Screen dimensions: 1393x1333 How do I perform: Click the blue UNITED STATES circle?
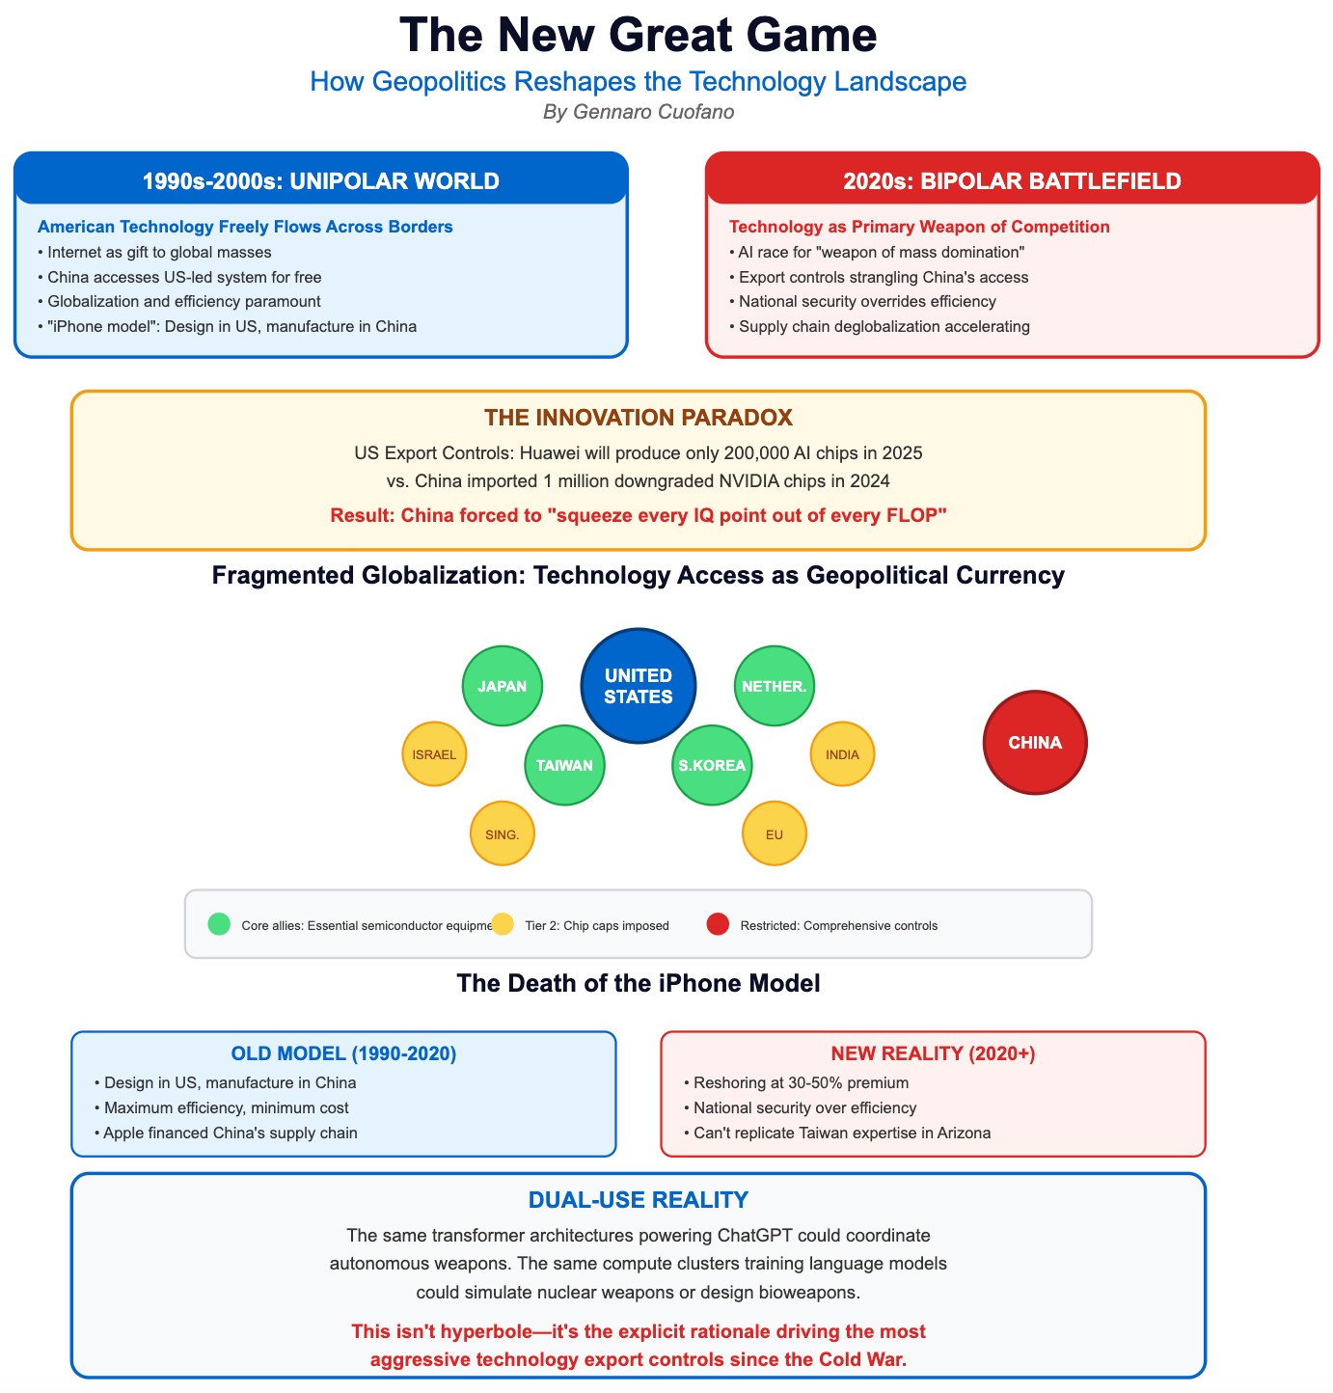[638, 686]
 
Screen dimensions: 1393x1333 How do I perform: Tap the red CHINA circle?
[1035, 743]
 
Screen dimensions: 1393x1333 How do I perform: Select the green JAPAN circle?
[503, 686]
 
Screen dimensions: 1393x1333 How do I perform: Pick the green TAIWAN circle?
[564, 765]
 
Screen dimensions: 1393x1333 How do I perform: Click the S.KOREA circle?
[712, 765]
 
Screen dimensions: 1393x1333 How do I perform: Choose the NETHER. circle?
[775, 686]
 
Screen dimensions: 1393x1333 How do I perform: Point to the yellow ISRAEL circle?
[434, 753]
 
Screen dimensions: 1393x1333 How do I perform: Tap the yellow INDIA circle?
[842, 753]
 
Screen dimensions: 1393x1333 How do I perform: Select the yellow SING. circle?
[503, 833]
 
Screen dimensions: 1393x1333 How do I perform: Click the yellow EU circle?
[775, 833]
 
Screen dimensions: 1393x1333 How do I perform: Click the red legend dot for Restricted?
[718, 924]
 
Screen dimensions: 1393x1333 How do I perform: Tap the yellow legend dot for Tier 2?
[503, 924]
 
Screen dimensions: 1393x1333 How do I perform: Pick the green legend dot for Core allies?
[219, 924]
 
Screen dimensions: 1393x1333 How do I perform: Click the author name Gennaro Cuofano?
[639, 112]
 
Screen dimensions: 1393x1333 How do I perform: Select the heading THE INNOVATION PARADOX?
[638, 418]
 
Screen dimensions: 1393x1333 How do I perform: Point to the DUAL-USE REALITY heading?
[638, 1200]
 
